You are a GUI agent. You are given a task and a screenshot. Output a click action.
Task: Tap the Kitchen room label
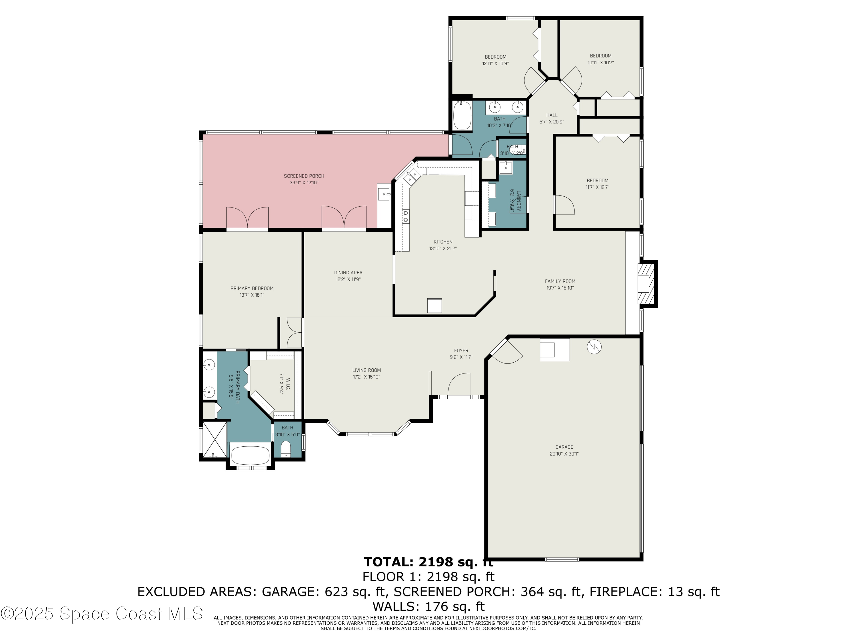coord(443,242)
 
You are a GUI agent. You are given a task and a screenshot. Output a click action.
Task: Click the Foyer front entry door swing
coord(459,384)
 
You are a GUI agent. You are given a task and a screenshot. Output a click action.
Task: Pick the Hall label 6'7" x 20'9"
coord(551,118)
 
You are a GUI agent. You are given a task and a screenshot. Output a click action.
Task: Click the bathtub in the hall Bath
coord(462,115)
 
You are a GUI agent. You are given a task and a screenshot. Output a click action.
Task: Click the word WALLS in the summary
coord(396,606)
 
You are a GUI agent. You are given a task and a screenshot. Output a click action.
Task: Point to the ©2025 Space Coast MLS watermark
coord(101,614)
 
